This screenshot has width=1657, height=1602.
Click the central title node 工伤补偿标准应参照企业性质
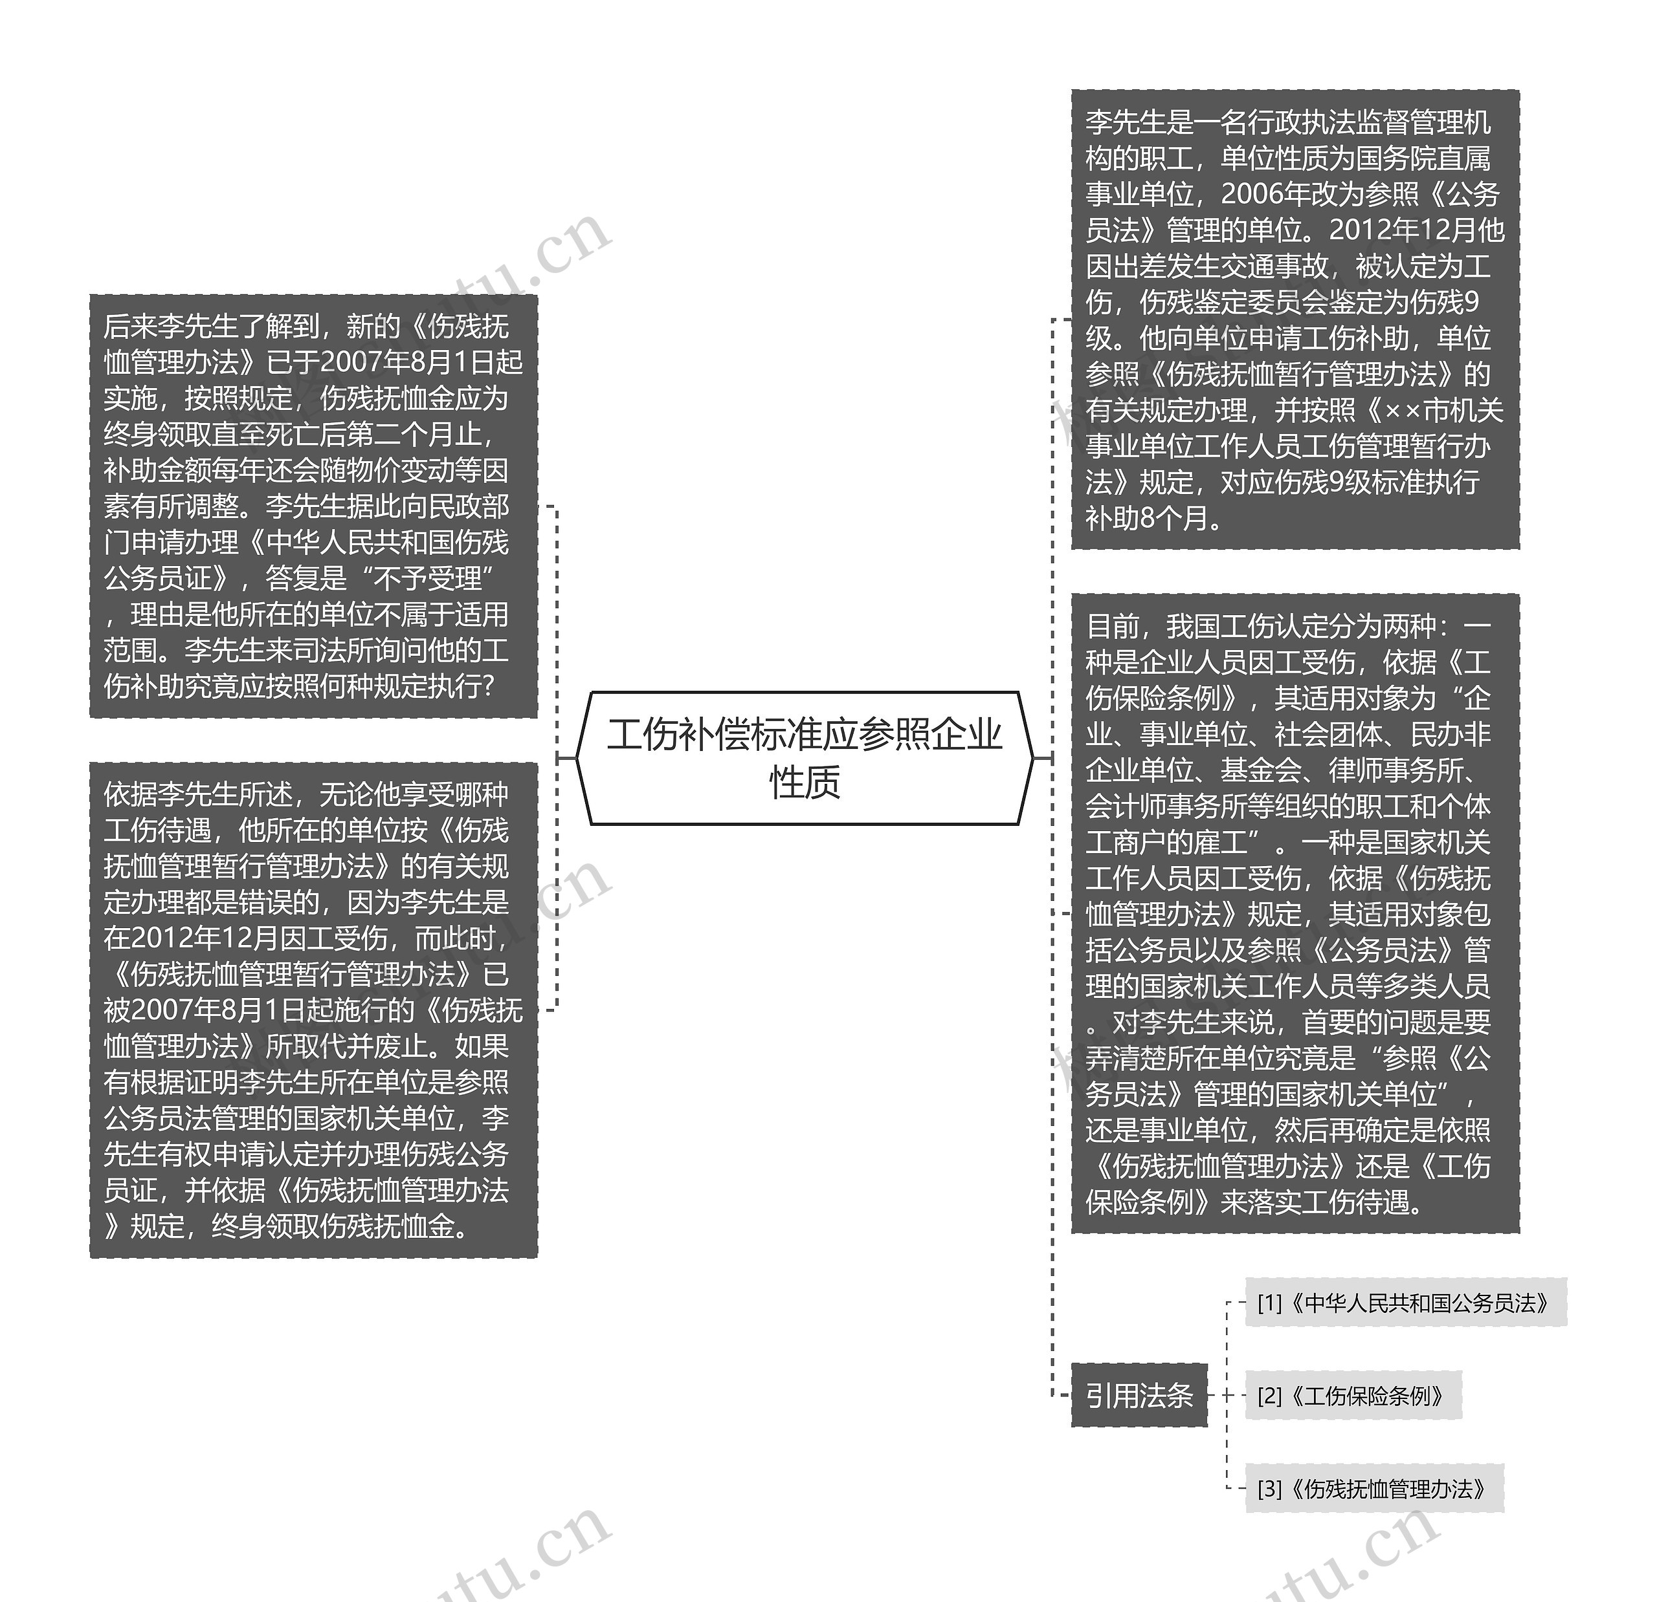point(804,757)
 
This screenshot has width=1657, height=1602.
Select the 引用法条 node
point(1139,1395)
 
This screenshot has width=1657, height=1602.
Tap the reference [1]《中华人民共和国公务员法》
point(1405,1303)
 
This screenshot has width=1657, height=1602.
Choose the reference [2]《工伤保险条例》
point(1353,1395)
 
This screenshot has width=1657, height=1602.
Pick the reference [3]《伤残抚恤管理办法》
point(1373,1488)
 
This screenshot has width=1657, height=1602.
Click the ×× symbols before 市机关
point(1403,411)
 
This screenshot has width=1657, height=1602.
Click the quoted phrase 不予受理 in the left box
point(428,579)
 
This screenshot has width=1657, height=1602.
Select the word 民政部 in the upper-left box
point(469,506)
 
